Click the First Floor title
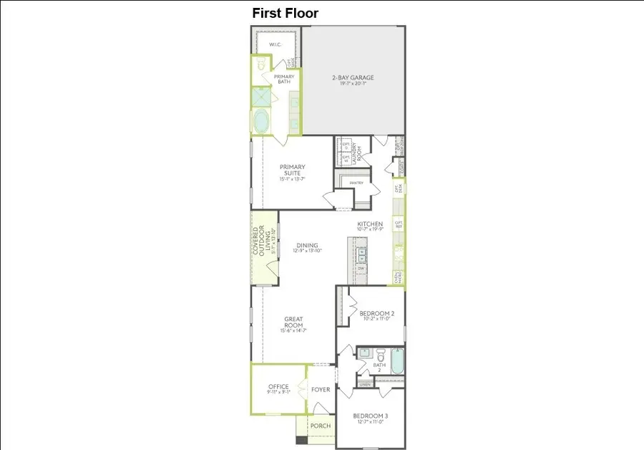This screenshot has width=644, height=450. [285, 13]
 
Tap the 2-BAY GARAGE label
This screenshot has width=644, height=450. [352, 78]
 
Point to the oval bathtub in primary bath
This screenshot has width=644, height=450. [261, 122]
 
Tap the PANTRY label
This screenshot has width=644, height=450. [356, 183]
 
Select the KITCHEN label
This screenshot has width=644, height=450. [370, 224]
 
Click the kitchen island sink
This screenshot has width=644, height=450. [361, 253]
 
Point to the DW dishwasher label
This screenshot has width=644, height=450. [361, 269]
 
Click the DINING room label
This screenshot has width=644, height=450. [307, 246]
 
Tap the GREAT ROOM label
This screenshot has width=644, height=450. [293, 322]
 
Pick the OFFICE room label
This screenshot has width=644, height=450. [278, 387]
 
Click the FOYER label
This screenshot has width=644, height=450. [321, 390]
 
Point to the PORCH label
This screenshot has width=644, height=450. [320, 426]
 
